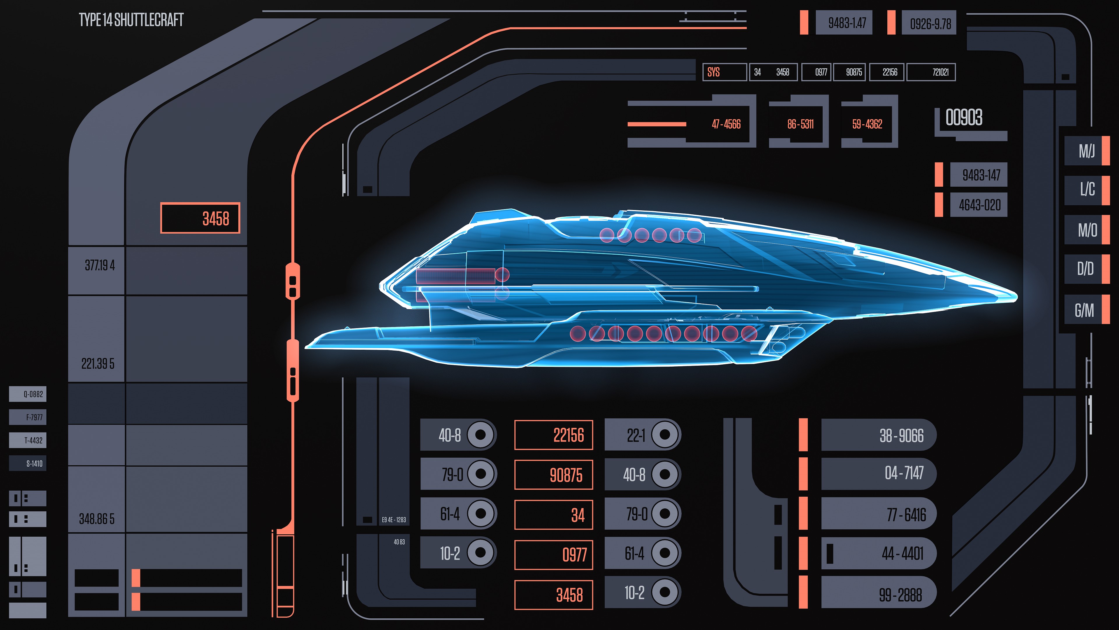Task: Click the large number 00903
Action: click(964, 117)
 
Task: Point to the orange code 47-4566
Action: click(726, 124)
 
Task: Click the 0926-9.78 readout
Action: click(930, 23)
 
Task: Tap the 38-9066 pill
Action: click(878, 435)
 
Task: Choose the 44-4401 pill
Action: click(878, 554)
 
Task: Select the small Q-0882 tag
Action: click(28, 394)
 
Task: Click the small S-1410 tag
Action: click(28, 463)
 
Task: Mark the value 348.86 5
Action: click(97, 519)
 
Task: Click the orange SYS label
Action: click(713, 72)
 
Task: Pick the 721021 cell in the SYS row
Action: click(940, 72)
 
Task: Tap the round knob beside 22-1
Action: click(665, 434)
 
